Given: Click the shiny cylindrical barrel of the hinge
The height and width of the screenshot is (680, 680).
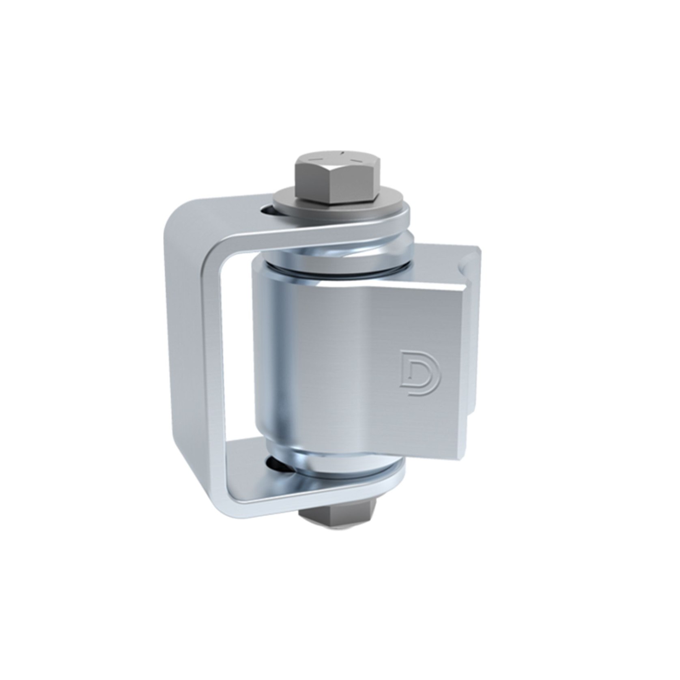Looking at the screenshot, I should click(x=284, y=365).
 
